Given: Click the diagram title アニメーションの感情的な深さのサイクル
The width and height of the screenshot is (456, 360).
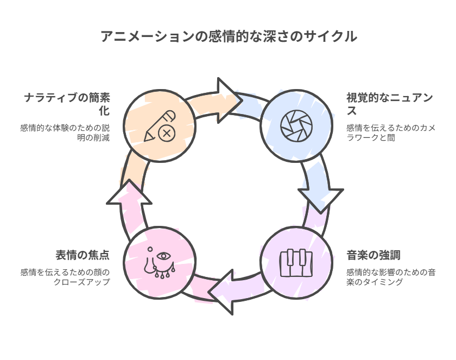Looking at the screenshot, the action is tap(229, 36).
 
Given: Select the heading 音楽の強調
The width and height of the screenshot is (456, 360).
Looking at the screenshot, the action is tap(373, 255).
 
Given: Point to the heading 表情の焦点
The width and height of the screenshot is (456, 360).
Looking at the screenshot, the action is tap(83, 255).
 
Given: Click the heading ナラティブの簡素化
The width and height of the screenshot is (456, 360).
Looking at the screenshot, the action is tap(67, 104).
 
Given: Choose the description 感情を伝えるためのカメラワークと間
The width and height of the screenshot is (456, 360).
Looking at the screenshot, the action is tap(390, 132).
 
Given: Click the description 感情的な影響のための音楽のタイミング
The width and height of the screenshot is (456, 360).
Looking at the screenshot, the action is tap(390, 277).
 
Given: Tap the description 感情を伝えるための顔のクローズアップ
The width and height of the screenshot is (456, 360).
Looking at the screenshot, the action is tap(65, 277).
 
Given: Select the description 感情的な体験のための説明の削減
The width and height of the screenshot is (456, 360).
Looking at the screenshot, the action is tap(65, 132).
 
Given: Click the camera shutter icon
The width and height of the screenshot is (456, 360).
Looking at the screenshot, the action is tap(296, 126).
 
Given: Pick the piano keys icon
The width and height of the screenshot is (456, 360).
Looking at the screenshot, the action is tap(296, 263).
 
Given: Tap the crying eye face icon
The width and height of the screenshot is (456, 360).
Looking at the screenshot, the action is tap(160, 263).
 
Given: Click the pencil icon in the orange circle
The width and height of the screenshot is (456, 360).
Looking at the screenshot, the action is tap(160, 125).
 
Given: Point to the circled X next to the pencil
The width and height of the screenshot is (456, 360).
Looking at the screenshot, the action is tap(167, 134).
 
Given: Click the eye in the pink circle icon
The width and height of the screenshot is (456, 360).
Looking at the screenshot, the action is tap(164, 256).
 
